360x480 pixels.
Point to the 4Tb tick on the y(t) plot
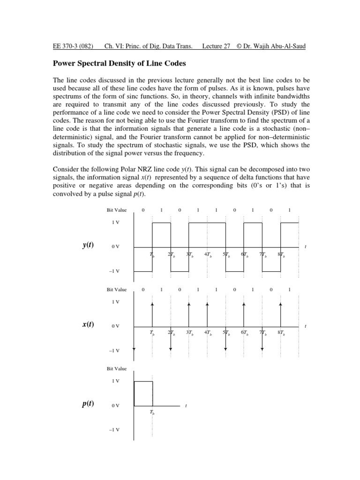point(208,255)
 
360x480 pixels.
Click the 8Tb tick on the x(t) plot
point(281,333)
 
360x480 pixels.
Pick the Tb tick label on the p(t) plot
point(152,412)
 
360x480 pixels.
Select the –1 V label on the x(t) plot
point(114,350)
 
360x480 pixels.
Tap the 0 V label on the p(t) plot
point(115,405)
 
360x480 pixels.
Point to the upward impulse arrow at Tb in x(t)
point(152,314)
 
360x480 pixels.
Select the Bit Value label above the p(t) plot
point(117,368)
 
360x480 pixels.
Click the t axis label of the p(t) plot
point(186,406)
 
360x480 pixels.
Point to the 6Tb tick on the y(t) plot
point(244,255)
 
